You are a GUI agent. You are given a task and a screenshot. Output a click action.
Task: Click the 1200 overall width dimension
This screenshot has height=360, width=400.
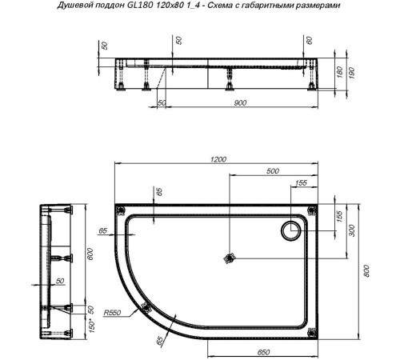pyautogui.click(x=218, y=159)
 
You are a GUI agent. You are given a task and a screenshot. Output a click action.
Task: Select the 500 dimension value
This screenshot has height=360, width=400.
pyautogui.click(x=273, y=171)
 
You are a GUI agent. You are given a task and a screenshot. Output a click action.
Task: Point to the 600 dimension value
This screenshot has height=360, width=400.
pyautogui.click(x=90, y=254)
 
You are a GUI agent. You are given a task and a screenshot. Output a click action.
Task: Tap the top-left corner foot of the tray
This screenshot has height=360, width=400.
pyautogui.click(x=122, y=210)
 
